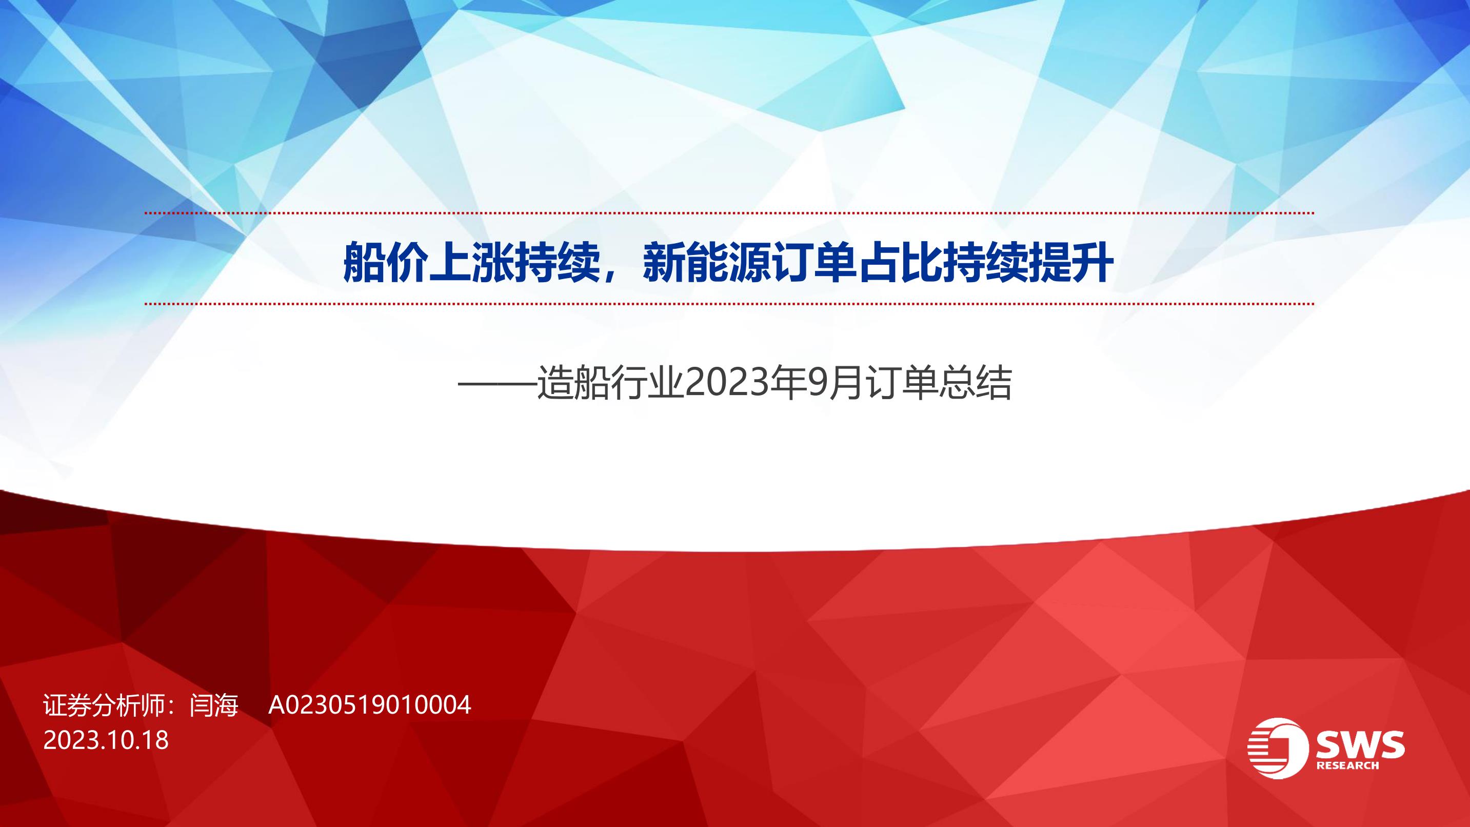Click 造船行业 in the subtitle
[x=610, y=384]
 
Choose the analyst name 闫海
[x=214, y=705]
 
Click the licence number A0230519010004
[x=370, y=705]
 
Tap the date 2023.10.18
[x=106, y=740]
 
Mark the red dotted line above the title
[x=729, y=213]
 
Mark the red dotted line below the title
[x=729, y=304]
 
